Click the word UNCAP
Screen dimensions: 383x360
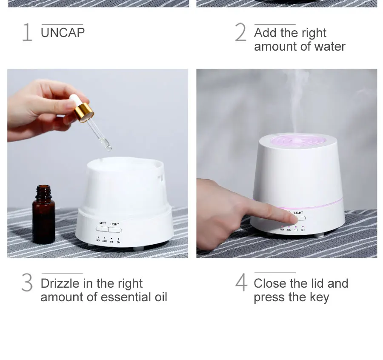tap(63, 33)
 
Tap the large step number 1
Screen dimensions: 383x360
tap(27, 32)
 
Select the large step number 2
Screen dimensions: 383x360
tap(240, 32)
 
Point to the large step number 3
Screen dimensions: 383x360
tap(27, 283)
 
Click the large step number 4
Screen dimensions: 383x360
tap(241, 282)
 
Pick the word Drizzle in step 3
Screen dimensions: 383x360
tap(60, 283)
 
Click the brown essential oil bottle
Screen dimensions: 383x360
tap(43, 214)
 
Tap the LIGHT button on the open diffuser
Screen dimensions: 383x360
tap(115, 230)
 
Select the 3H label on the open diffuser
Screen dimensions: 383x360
tap(118, 242)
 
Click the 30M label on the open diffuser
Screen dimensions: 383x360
tap(105, 241)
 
